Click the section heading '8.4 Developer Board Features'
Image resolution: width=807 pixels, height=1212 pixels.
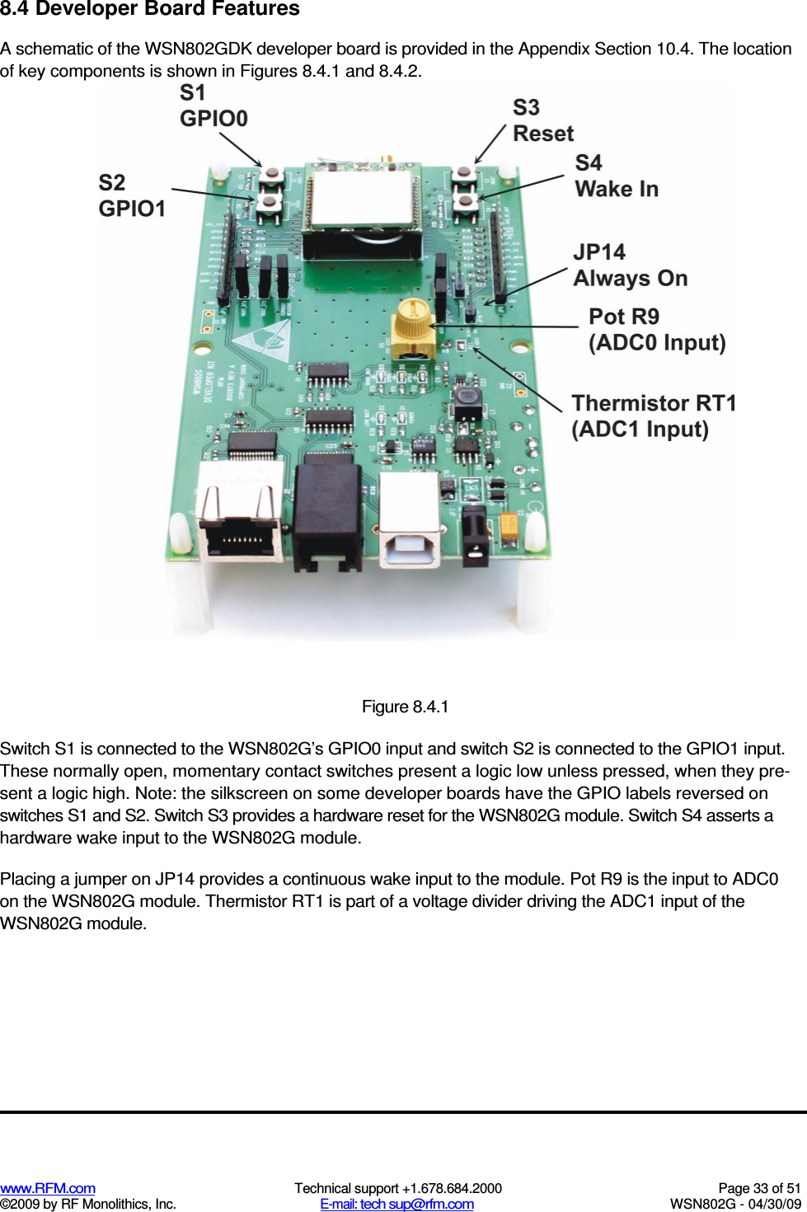coord(150,10)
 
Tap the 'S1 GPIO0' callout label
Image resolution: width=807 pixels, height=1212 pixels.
coord(213,106)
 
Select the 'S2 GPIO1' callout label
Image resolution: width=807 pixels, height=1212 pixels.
coord(132,195)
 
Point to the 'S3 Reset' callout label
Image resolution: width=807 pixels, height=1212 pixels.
coord(542,121)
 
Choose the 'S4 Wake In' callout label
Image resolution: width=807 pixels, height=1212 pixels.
coord(617,176)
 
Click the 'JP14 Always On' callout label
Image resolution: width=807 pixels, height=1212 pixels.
coord(630,265)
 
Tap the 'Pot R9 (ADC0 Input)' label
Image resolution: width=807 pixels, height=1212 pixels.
coord(657,330)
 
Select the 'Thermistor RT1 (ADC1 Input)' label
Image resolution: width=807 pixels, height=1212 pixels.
coord(653,416)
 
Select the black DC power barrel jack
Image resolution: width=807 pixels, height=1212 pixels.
coord(475,536)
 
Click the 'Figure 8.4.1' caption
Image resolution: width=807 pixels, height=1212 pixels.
coord(405,707)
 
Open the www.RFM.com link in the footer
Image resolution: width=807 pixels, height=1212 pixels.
coord(48,1188)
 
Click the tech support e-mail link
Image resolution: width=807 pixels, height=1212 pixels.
coord(396,1204)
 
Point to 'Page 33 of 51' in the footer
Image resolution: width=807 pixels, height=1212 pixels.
coord(758,1188)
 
